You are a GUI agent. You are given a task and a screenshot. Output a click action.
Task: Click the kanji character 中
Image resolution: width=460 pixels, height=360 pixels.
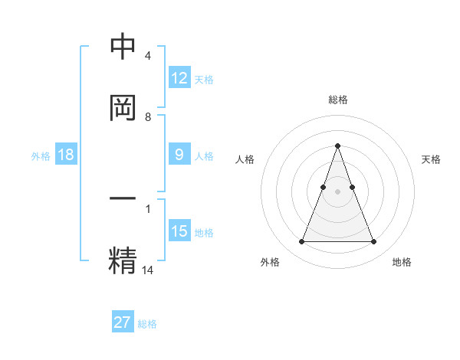point(123,47)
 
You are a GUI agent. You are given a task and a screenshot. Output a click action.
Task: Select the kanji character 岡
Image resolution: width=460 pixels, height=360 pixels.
point(123,107)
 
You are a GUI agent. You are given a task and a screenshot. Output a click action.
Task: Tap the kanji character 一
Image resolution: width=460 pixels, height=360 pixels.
point(123,199)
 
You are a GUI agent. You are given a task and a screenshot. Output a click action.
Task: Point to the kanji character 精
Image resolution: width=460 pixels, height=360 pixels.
point(123,258)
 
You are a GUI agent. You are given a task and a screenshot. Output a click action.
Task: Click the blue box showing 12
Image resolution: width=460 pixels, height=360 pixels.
point(179,77)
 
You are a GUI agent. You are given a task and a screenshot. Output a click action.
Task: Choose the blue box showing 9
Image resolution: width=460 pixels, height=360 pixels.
point(179,155)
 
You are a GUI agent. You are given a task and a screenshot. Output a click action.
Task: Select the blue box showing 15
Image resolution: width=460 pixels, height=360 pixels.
point(179,231)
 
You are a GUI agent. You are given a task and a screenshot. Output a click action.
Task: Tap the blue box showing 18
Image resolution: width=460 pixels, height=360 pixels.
point(66,155)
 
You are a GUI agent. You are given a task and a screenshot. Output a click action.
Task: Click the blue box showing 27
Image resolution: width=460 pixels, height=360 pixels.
point(123,322)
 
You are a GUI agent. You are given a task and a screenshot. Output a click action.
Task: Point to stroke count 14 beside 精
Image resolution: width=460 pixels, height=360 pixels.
point(148,270)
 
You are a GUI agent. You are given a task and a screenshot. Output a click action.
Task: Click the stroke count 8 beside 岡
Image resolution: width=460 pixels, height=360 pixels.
point(148,117)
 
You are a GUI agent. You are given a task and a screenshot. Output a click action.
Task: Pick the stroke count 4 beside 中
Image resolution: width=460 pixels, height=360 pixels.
point(148,57)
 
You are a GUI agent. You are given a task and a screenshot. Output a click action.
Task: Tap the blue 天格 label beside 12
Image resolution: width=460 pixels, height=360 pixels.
point(204,79)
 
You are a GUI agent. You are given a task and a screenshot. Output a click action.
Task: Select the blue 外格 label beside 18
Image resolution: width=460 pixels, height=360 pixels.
point(41,155)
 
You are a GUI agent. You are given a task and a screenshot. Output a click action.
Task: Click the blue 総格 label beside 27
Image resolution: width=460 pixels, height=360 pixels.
point(147,324)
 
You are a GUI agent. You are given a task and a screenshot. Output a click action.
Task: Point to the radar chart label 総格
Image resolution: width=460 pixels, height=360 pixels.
point(337,100)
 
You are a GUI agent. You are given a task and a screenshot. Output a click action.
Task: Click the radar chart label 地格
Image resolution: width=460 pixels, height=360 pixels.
point(402,262)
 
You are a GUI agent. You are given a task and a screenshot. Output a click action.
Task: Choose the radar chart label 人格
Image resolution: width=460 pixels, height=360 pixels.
point(245,159)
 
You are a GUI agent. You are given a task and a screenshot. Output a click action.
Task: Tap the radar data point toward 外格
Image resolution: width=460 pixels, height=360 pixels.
point(301,242)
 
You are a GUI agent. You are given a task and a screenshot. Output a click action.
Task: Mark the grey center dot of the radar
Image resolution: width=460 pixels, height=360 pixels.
point(337,191)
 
